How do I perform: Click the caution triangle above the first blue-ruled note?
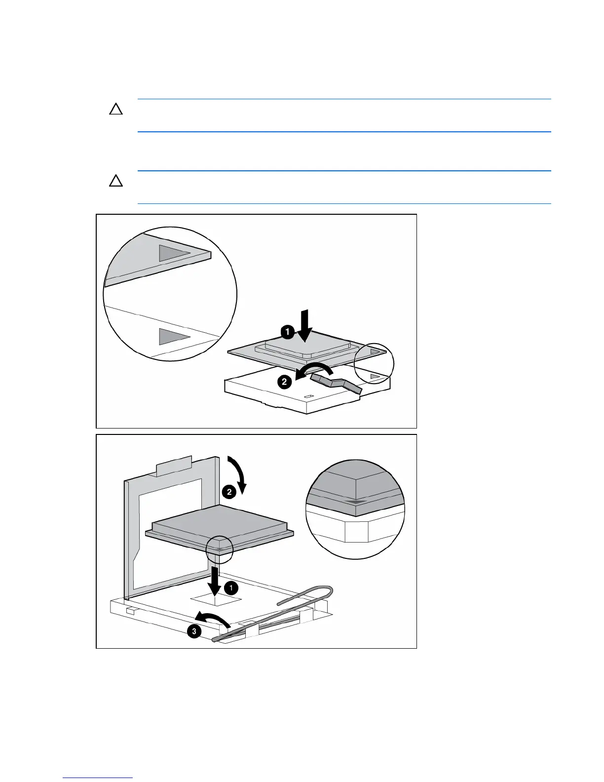coord(116,109)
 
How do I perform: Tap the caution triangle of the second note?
coord(116,181)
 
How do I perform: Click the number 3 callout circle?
coord(194,631)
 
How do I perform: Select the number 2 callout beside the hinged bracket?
coord(229,492)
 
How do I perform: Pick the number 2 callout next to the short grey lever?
coord(284,382)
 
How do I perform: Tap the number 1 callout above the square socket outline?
coord(230,587)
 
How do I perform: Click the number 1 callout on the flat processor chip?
coord(288,332)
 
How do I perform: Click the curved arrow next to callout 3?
coord(212,620)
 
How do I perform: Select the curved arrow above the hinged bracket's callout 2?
coord(237,471)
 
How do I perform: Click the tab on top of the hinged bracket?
coord(173,466)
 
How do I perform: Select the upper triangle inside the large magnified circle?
coord(173,253)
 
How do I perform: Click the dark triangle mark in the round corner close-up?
coord(355,502)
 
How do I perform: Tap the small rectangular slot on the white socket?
coord(309,396)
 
